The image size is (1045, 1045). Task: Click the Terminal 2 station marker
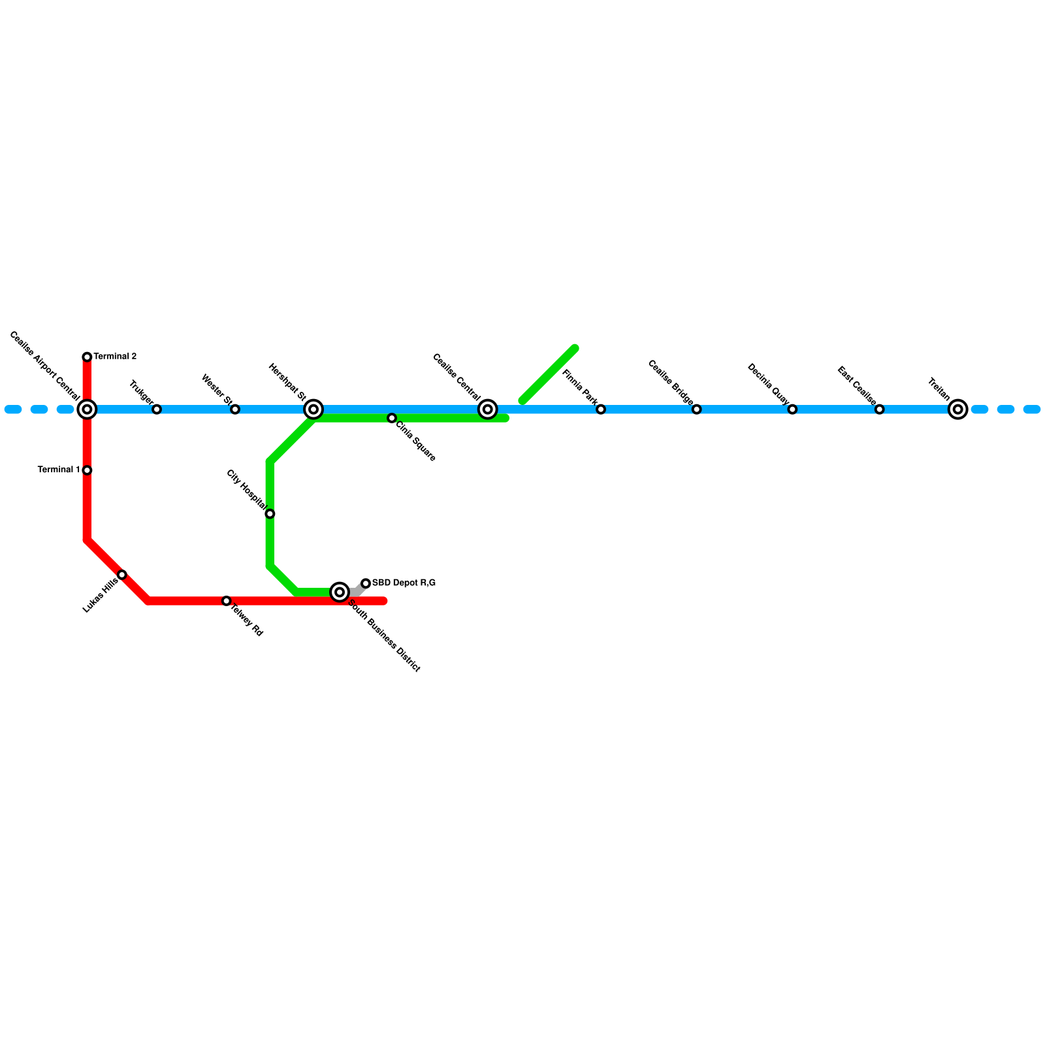coord(87,357)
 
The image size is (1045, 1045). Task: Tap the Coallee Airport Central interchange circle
coord(87,410)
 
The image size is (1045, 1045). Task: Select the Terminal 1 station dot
coord(87,470)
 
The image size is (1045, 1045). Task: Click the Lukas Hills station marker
coord(122,575)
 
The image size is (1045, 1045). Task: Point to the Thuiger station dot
coord(157,410)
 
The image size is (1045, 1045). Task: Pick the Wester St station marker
coord(235,410)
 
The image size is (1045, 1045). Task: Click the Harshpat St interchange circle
coord(313,410)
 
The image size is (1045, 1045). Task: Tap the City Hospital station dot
coord(270,514)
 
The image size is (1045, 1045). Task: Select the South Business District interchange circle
coord(340,592)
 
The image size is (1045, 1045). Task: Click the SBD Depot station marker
coord(366,583)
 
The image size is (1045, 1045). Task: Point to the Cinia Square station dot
coord(392,418)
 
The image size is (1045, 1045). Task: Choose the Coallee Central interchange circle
coord(488,410)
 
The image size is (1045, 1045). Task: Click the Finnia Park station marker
coord(601,410)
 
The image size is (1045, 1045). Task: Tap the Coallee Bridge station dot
coord(697,410)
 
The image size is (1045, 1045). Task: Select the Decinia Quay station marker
coord(792,410)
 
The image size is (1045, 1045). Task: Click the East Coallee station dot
coord(880,410)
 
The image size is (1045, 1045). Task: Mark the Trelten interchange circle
coord(958,410)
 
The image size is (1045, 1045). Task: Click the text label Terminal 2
coord(115,357)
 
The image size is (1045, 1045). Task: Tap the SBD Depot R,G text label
coord(404,583)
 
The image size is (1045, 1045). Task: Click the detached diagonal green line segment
coord(549,374)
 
